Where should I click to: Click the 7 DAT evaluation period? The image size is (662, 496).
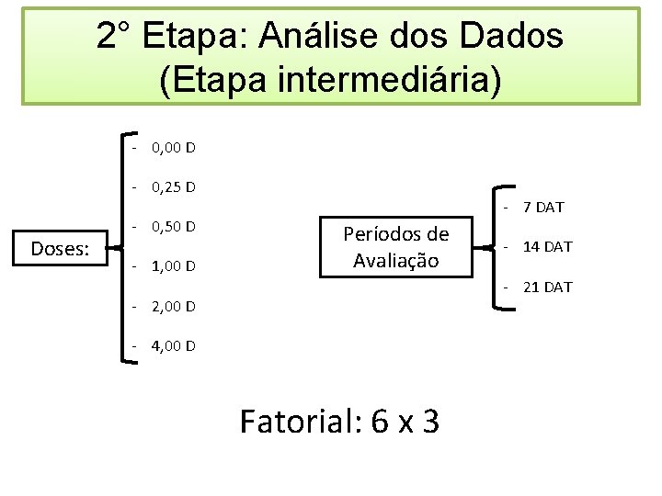tap(542, 207)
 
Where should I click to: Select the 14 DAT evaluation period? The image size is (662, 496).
tap(546, 246)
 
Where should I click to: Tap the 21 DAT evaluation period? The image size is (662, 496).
tap(546, 287)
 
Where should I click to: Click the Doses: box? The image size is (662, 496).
tap(60, 248)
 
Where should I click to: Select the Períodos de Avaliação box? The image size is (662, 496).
tap(396, 247)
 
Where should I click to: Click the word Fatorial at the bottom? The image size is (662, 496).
tap(298, 422)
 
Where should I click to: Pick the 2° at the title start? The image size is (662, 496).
tap(116, 37)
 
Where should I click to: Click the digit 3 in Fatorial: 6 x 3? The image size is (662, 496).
tap(429, 422)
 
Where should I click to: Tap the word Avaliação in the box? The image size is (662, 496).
tap(396, 260)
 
